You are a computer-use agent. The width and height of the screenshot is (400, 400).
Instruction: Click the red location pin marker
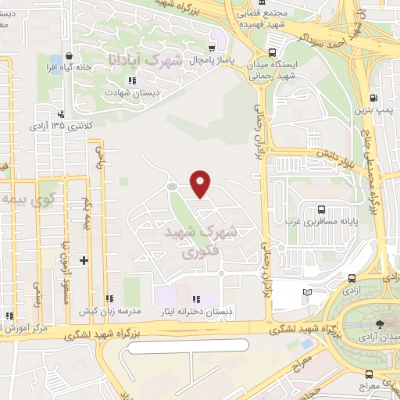coord(202,183)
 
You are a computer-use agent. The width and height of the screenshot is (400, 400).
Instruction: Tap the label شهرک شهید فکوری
coord(199,244)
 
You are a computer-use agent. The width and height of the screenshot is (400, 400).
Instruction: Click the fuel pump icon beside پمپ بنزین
coord(375,98)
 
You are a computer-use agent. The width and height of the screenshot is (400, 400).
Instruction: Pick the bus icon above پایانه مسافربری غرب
coord(321,209)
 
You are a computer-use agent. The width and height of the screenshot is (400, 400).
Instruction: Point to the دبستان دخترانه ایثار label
coord(196,312)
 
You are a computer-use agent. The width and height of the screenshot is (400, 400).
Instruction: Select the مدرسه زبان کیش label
coord(109,311)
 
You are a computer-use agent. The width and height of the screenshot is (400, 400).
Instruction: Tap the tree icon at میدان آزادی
coord(379,324)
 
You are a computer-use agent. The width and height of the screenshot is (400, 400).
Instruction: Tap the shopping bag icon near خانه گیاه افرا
coord(71,56)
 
